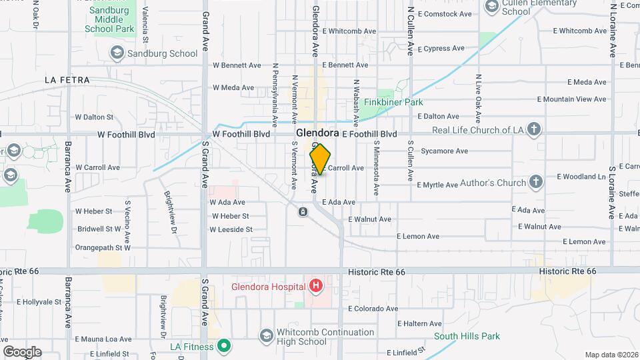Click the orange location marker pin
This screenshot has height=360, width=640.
[x=320, y=159]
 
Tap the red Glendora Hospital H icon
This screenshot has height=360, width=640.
[x=316, y=287]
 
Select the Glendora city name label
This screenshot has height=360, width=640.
[x=317, y=133]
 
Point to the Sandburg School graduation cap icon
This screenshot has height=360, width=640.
[x=117, y=52]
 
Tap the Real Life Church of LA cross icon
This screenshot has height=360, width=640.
[x=534, y=129]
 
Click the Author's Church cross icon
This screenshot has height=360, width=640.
[x=536, y=182]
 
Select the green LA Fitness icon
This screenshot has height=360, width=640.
[x=225, y=346]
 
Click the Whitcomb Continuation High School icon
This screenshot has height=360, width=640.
[x=266, y=334]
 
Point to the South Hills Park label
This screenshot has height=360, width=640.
[x=467, y=336]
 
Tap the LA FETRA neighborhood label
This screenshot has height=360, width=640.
[x=67, y=79]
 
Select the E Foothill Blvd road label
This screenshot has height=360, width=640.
[x=369, y=134]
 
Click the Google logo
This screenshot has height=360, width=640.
[x=22, y=352]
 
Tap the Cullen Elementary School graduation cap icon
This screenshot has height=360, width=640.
[x=492, y=7]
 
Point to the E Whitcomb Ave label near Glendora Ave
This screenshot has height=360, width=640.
[x=345, y=31]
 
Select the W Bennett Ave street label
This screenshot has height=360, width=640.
[x=237, y=65]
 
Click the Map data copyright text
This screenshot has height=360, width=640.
[x=611, y=355]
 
